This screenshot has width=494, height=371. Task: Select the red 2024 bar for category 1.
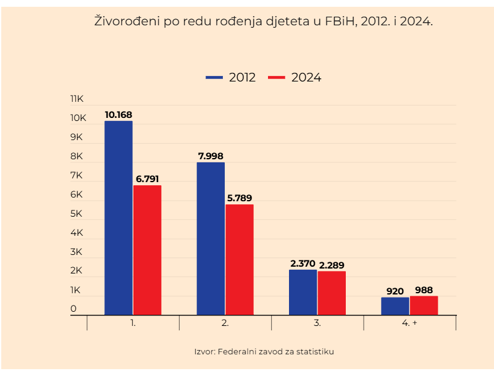coord(147,250)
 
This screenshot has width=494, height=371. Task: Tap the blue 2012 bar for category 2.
coord(211,239)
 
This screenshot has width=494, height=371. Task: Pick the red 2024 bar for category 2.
coord(239,259)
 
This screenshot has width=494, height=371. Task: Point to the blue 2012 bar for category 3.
coord(303,292)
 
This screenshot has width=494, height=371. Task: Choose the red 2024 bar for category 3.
coord(332,293)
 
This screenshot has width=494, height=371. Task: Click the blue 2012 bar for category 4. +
coord(395,306)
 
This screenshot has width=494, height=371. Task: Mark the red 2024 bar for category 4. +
coord(424,306)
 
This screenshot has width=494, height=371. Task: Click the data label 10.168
coord(118,115)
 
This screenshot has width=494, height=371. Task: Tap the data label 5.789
coord(239,198)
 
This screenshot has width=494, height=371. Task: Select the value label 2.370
coord(303,264)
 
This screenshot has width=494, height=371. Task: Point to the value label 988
coord(424,290)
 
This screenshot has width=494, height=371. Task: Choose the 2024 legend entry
coord(295,78)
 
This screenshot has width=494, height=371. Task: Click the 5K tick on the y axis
coord(77,214)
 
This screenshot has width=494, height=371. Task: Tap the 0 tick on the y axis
coord(73,309)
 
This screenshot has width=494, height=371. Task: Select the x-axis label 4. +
coord(409,323)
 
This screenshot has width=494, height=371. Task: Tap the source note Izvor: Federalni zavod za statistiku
coord(264,351)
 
